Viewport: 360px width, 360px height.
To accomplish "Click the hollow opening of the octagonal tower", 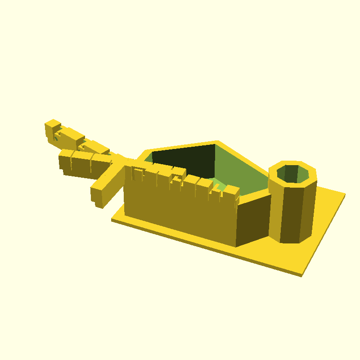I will click(x=293, y=174).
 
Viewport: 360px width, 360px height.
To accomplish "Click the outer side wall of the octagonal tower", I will click(x=295, y=211).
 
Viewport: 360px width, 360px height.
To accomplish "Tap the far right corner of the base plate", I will click(x=344, y=194).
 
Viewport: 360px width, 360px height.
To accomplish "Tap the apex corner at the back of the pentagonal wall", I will click(x=217, y=142).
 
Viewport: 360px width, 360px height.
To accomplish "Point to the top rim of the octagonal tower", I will click(x=292, y=163).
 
